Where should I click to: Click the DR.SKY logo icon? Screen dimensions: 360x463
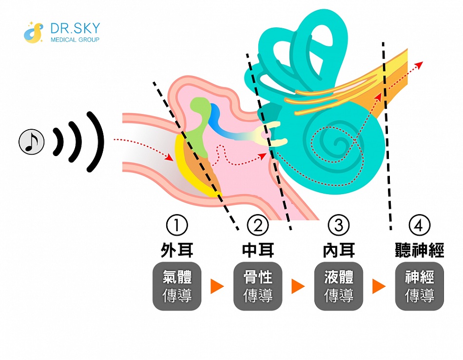(x=34, y=32)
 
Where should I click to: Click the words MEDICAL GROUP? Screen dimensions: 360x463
(x=75, y=40)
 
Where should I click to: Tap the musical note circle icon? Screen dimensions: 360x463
(x=32, y=141)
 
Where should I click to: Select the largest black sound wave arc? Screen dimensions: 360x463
(x=96, y=141)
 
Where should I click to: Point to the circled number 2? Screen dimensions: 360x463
(x=258, y=225)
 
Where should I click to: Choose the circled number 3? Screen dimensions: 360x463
(x=339, y=225)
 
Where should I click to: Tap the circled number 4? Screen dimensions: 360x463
(x=420, y=225)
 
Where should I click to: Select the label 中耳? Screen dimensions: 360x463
(x=258, y=250)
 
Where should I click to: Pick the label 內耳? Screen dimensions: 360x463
(x=339, y=250)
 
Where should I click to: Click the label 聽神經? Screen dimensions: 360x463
(x=420, y=250)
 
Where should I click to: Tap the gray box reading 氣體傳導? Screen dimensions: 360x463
(x=177, y=286)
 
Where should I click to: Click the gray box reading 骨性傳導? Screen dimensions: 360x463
(x=258, y=286)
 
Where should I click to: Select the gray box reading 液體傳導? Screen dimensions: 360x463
(x=339, y=286)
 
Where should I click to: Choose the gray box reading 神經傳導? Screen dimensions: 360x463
(x=420, y=286)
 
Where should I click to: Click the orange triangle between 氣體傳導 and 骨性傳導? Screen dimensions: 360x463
(x=217, y=287)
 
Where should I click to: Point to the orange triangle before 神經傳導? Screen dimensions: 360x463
(x=379, y=287)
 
